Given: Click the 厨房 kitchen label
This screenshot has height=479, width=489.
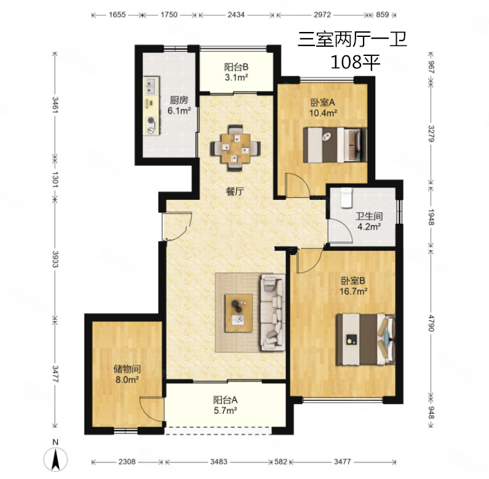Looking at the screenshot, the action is point(179,100).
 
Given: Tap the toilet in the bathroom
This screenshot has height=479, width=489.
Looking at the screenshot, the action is point(346,198).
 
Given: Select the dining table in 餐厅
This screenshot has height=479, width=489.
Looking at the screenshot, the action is point(236,148).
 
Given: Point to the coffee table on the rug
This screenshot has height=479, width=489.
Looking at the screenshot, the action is point(239,313).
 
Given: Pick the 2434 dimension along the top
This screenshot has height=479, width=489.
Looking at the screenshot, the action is point(236,15).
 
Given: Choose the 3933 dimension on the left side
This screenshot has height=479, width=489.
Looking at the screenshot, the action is point(55,259).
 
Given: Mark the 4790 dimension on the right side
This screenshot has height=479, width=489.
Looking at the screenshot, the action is point(431,323).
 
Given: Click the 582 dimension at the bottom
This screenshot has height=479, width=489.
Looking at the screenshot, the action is point(280,462).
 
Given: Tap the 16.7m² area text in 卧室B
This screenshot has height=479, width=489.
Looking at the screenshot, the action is point(353,291).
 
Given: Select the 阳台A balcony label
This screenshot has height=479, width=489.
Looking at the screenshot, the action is point(225,400).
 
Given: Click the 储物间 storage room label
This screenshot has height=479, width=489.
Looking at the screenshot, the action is point(127,369).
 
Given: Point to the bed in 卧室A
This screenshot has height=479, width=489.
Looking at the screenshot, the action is point(335,144).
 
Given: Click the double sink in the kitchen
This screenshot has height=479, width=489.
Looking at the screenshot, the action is point(151,86).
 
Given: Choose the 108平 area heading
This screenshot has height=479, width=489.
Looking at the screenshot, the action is point(355,62).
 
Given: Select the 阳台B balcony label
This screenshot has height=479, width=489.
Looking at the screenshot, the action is point(236,67).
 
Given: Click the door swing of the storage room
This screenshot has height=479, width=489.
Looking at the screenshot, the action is point(151,410).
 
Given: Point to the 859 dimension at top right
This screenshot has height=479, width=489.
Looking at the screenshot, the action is point(383,15).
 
